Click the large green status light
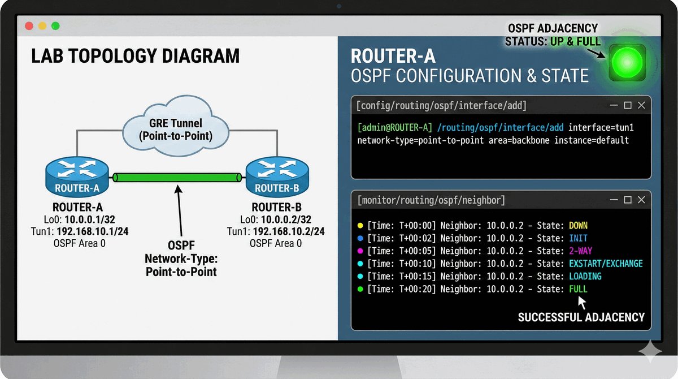click(627, 61)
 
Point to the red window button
click(28, 26)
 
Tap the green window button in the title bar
click(55, 26)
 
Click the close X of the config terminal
click(641, 105)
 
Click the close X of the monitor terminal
click(641, 200)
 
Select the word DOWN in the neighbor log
click(578, 226)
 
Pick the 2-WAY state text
click(581, 251)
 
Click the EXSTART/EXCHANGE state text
click(606, 264)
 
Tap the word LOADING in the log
click(585, 277)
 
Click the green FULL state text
click(578, 289)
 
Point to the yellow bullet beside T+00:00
click(360, 226)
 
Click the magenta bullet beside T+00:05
click(360, 251)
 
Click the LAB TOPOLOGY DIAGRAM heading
click(135, 56)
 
